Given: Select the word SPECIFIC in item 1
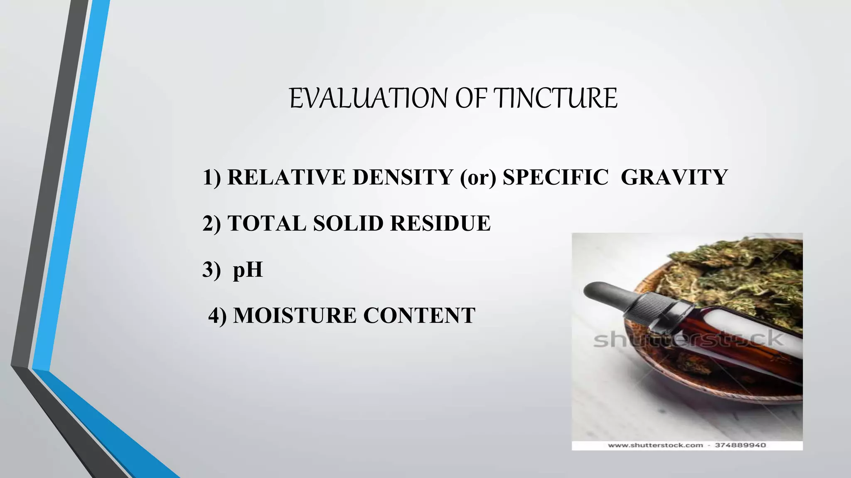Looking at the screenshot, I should click(556, 177).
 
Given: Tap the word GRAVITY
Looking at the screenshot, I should click(674, 177).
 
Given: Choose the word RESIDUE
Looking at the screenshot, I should click(440, 223).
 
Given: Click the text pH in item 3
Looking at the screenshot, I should click(248, 270).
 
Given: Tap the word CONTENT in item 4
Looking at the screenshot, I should click(419, 315).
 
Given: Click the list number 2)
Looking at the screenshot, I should click(212, 224).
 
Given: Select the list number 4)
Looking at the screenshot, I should click(218, 316).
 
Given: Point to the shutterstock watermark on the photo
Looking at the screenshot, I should click(688, 339).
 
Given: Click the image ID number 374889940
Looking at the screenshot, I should click(740, 445).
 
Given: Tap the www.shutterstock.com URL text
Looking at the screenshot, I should click(655, 445).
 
